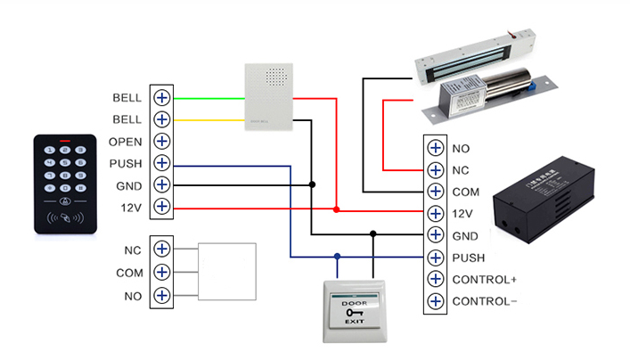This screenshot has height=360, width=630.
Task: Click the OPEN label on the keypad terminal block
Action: [x=126, y=142]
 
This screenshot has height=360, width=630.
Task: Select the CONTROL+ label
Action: [x=485, y=279]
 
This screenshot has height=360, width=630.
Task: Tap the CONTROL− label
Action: [x=485, y=301]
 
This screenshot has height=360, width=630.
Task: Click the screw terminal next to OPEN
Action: [x=161, y=141]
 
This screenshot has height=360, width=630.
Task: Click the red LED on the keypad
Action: [x=64, y=141]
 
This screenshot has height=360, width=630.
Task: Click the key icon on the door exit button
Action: [x=354, y=309]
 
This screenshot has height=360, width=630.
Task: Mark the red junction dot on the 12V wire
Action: [x=336, y=210]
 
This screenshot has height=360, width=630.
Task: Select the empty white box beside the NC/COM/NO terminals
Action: [x=226, y=271]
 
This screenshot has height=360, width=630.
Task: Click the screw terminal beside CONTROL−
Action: [x=435, y=301]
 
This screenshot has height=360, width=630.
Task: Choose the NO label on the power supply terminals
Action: [x=461, y=148]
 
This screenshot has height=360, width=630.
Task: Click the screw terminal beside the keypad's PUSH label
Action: [x=161, y=163]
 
